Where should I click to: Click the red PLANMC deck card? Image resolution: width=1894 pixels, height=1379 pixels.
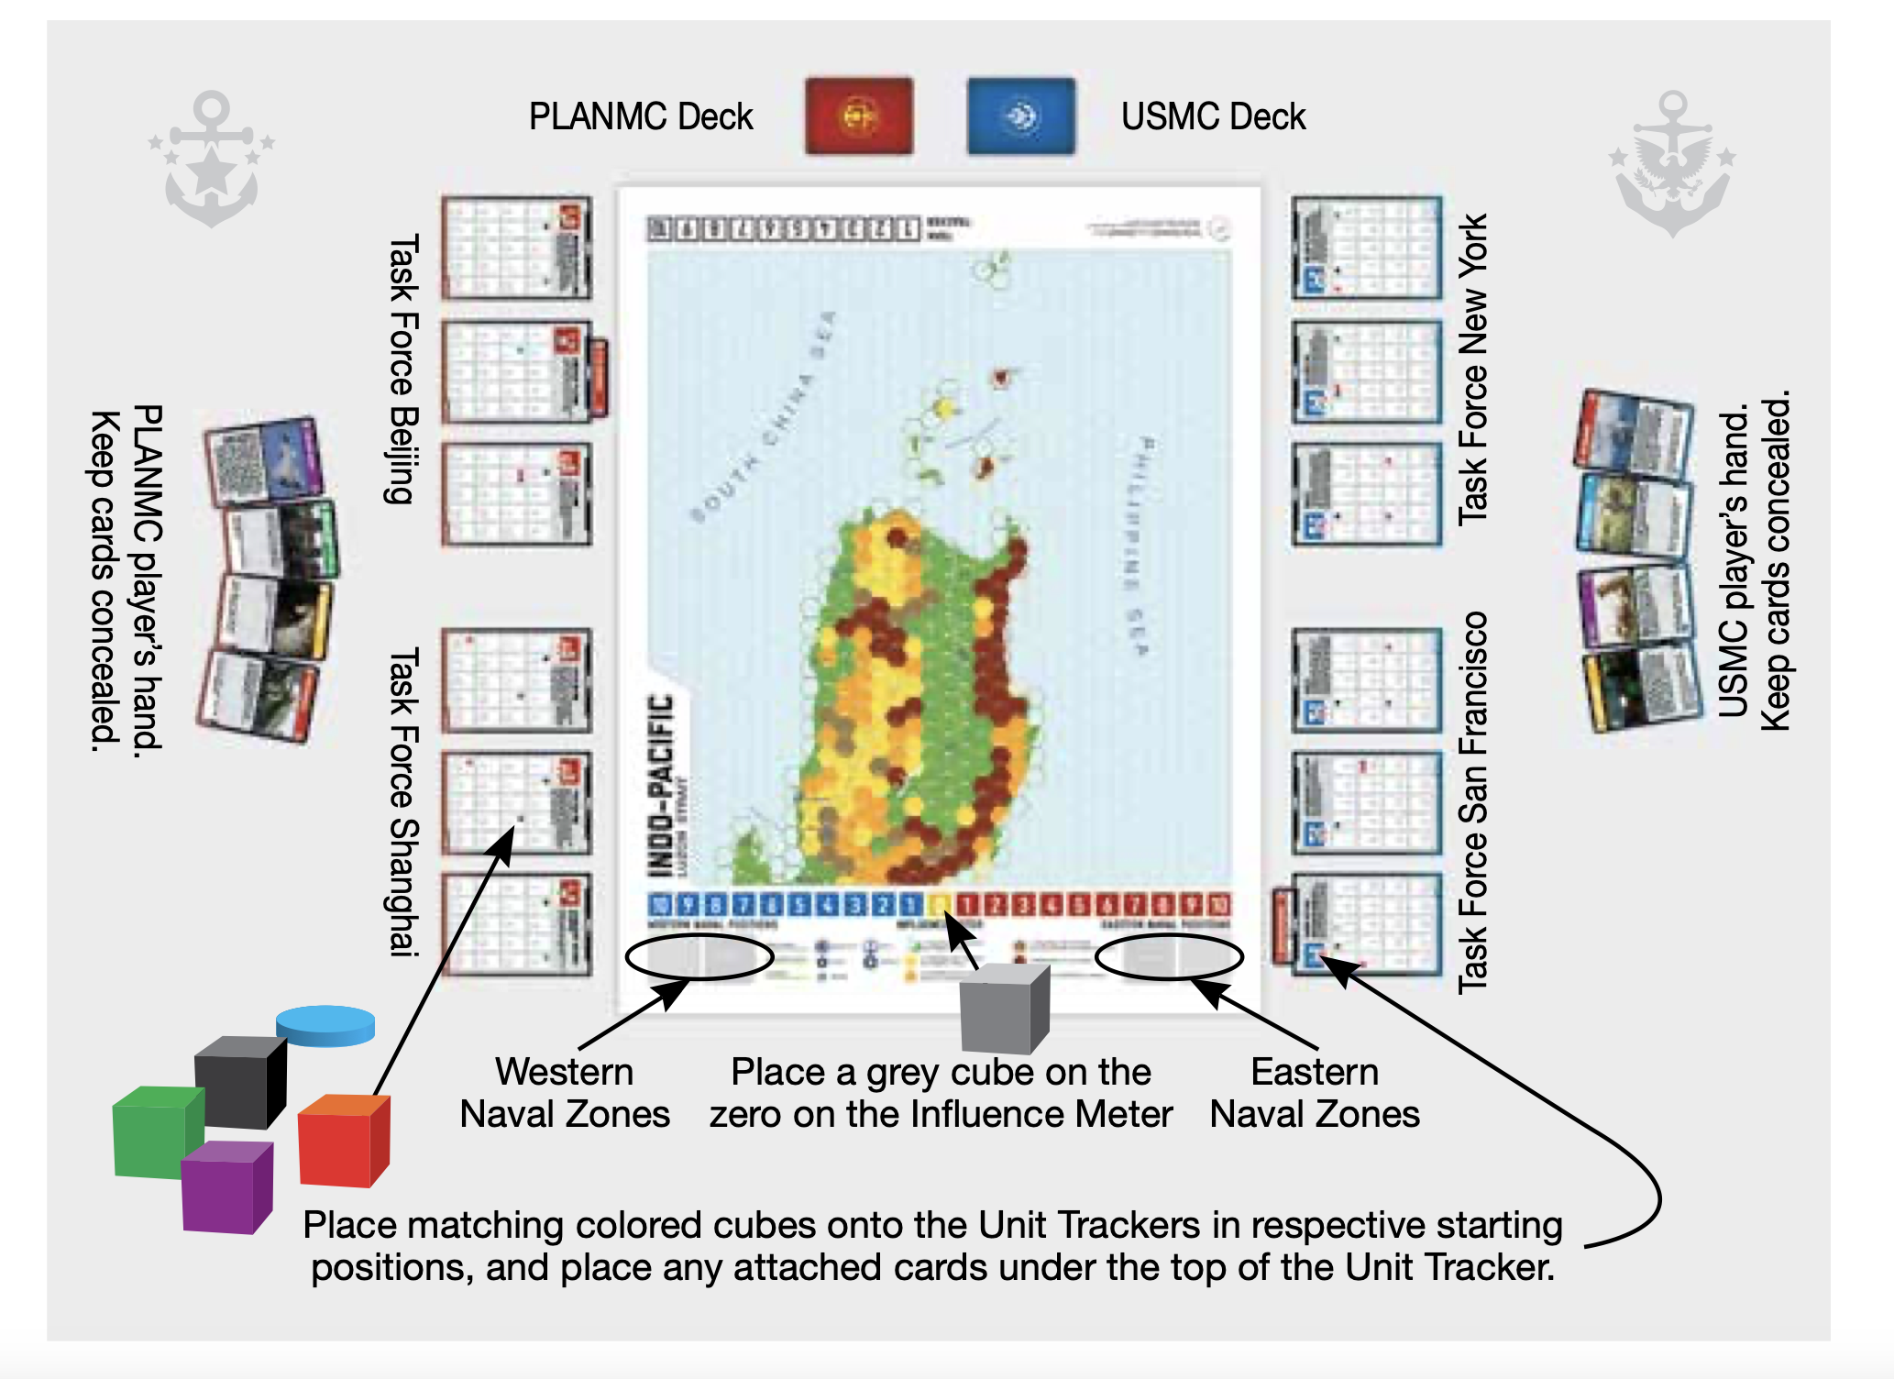859,116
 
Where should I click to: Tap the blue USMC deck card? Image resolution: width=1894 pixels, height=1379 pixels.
1020,116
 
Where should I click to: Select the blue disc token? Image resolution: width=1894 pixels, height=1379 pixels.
325,1025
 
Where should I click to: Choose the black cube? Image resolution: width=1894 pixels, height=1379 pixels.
239,1081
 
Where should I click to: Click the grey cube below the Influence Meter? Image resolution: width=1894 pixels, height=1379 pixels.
1004,1009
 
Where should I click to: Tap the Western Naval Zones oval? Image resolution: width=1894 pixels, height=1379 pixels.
699,957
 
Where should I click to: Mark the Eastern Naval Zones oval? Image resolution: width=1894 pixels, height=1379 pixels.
1169,957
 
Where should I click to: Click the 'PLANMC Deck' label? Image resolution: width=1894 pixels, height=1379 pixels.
640,117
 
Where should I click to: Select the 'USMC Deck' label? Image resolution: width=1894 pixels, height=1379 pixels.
1213,117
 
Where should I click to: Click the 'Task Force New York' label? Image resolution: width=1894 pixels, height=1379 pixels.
1472,369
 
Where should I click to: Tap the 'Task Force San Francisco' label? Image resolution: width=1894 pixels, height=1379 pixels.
1472,801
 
